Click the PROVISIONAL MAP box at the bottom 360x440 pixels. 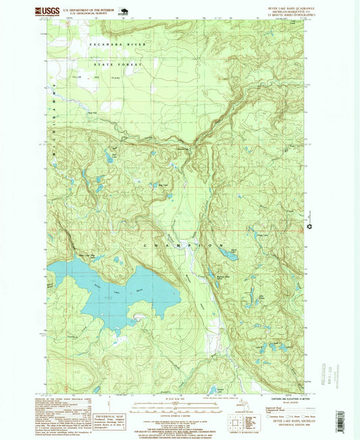109,422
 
